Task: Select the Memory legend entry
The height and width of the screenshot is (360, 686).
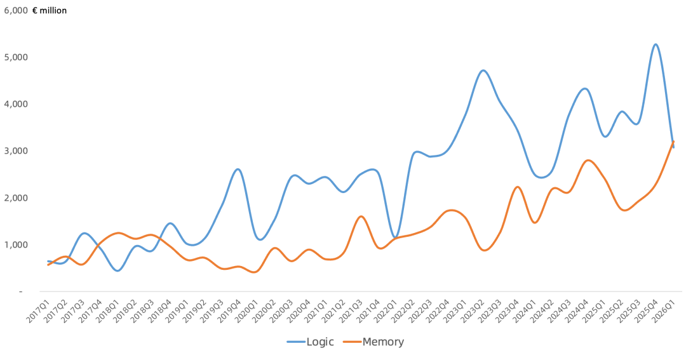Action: tap(373, 342)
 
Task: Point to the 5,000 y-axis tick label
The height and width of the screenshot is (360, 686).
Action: tap(16, 57)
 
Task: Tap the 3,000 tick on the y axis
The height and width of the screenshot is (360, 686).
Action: tap(16, 151)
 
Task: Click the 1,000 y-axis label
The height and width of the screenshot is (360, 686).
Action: tap(16, 244)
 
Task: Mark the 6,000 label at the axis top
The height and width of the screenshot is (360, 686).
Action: tap(16, 11)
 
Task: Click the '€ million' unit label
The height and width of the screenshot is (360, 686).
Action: tap(50, 11)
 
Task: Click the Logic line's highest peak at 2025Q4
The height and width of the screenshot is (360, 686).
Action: tap(656, 44)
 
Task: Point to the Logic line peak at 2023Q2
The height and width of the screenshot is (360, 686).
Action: tap(483, 70)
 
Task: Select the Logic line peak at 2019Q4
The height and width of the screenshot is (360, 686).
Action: tap(238, 170)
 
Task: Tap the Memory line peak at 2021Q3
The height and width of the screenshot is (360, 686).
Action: tap(361, 217)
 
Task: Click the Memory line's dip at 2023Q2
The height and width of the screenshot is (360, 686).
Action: tap(483, 250)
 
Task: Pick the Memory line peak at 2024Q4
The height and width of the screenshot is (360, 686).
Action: tap(588, 161)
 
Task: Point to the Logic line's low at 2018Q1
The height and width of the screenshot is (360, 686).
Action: tap(118, 270)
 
